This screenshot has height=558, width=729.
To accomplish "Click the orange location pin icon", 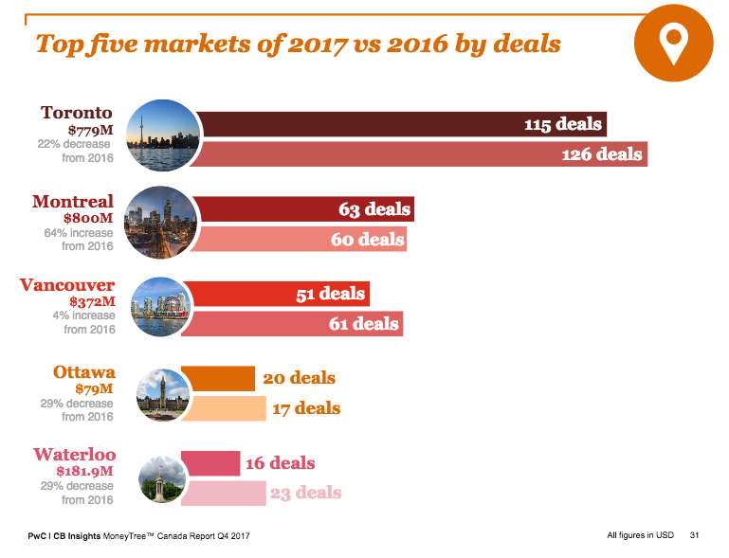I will (x=673, y=44).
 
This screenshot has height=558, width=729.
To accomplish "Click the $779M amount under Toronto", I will (x=90, y=129).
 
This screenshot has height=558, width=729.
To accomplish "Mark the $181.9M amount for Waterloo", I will (x=84, y=470).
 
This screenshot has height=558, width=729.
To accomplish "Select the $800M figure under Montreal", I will (x=89, y=217).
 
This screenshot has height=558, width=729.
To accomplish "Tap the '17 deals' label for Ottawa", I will (x=305, y=408).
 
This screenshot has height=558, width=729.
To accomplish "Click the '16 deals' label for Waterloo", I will (x=280, y=463).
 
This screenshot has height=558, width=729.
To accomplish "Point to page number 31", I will (x=694, y=536).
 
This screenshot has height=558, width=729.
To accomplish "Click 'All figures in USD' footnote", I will (x=640, y=536).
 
